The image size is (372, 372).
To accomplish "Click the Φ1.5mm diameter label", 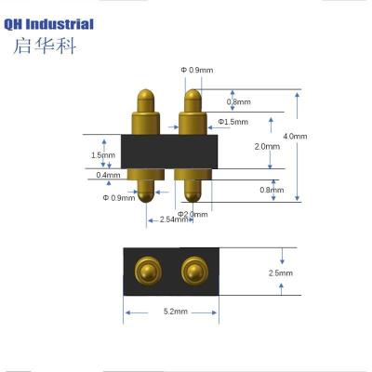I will tap(232, 122).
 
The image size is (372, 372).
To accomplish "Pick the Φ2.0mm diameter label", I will tap(193, 214).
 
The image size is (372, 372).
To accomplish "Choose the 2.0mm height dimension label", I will tap(267, 146).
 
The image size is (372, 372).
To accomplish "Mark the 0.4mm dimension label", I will tap(108, 175).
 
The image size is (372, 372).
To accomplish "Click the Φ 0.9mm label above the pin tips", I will tap(196, 70).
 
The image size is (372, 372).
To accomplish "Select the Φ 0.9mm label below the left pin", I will tap(118, 197).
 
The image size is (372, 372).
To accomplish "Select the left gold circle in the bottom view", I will tap(145, 271).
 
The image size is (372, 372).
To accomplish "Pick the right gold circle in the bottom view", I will tap(193, 271).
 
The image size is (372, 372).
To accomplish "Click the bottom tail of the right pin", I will tap(193, 192).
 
